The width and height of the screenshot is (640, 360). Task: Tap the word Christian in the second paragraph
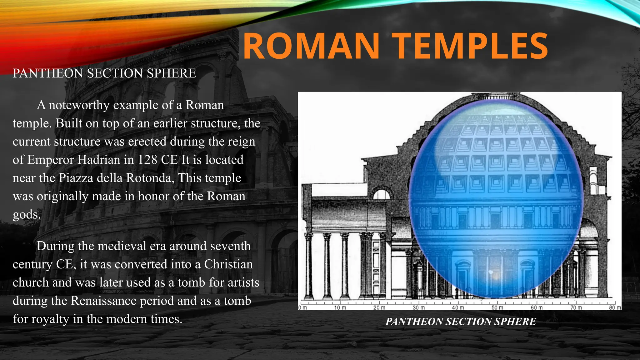point(228,264)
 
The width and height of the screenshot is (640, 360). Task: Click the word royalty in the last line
point(51,319)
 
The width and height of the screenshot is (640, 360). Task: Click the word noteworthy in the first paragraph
point(79,105)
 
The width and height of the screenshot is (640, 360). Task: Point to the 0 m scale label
point(303,307)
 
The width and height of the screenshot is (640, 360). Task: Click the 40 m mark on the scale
point(457,307)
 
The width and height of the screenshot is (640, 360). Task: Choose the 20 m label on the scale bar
point(379,307)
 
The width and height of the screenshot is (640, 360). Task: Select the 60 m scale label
point(536,307)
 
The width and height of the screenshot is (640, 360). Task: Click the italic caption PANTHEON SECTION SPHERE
point(461,322)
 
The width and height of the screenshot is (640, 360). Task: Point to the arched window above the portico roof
point(382,194)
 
